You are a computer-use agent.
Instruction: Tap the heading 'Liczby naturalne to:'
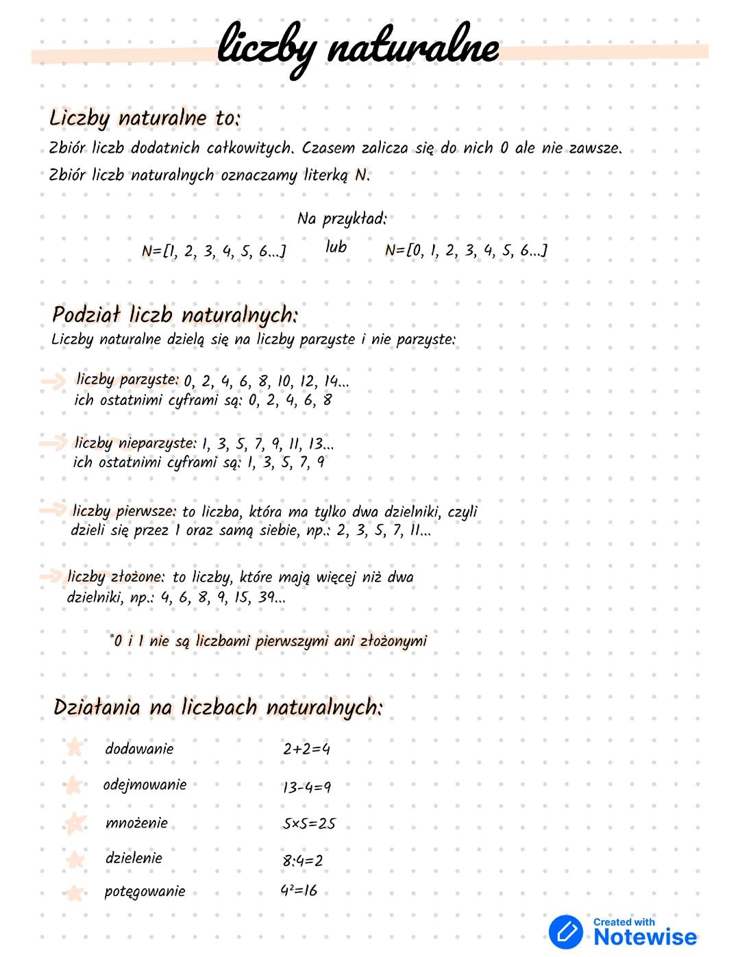[x=145, y=119]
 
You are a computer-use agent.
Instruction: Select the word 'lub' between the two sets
[x=336, y=247]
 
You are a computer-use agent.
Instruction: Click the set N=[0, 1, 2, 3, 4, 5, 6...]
[x=466, y=251]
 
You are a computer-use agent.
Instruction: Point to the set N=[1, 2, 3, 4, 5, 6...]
[x=214, y=251]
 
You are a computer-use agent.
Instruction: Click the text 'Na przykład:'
[x=342, y=219]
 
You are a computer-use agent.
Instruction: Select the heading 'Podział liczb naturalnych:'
[x=175, y=316]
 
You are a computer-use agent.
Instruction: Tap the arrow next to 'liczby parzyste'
[x=53, y=382]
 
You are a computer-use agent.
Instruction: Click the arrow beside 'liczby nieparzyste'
[x=51, y=443]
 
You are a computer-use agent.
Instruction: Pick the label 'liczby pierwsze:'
[x=124, y=511]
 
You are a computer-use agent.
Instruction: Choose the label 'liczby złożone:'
[x=116, y=577]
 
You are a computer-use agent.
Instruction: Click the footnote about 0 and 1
[x=268, y=641]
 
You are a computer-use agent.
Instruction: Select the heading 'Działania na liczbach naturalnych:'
[x=217, y=708]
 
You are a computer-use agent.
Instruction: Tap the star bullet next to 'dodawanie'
[x=74, y=748]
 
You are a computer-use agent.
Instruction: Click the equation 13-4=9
[x=306, y=787]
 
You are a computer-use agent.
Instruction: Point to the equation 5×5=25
[x=309, y=824]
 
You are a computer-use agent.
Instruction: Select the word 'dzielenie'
[x=134, y=858]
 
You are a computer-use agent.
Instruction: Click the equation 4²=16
[x=299, y=891]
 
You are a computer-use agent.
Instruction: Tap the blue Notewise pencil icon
[x=566, y=932]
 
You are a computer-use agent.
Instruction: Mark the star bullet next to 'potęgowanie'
[x=74, y=893]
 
